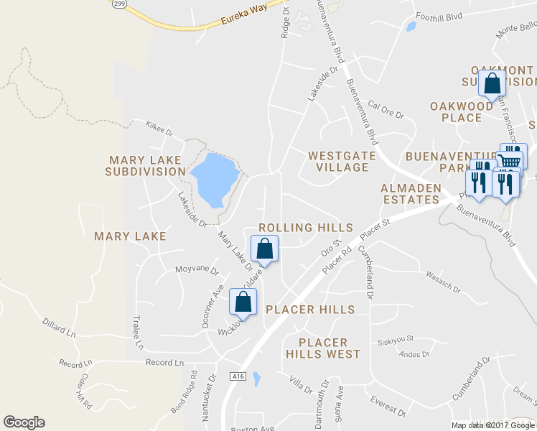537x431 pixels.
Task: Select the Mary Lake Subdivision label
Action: point(145,165)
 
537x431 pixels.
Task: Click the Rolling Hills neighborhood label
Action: point(306,228)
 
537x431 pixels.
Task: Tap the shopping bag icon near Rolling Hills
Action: point(265,249)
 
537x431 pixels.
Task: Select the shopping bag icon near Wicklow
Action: point(243,302)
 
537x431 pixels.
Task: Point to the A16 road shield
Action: point(239,376)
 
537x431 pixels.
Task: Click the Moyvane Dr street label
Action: point(196,271)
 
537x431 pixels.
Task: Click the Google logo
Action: point(24,422)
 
